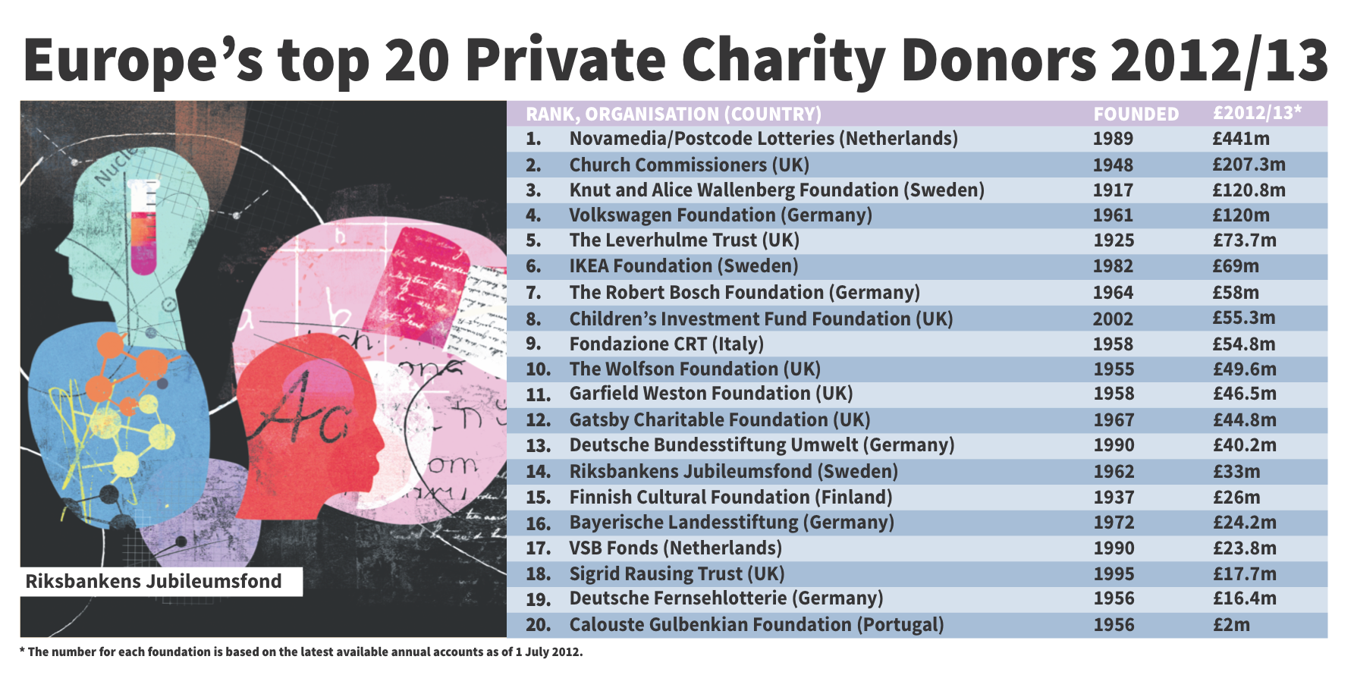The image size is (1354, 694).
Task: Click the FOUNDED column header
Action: pyautogui.click(x=1136, y=115)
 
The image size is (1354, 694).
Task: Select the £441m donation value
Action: pyautogui.click(x=1240, y=139)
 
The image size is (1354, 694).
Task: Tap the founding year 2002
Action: pyautogui.click(x=1113, y=319)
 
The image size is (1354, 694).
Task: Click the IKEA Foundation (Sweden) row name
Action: pyautogui.click(x=683, y=266)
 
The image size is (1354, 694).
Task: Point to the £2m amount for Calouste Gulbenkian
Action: pyautogui.click(x=1230, y=625)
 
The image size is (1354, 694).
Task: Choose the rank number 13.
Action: pyautogui.click(x=538, y=446)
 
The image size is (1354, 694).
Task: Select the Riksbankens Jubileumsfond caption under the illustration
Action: pyautogui.click(x=154, y=582)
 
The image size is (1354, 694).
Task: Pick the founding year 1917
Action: pyautogui.click(x=1113, y=190)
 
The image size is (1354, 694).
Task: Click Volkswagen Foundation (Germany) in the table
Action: pyautogui.click(x=721, y=215)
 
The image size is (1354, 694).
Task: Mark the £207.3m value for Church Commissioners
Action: pyautogui.click(x=1249, y=165)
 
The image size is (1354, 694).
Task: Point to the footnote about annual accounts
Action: pyautogui.click(x=301, y=652)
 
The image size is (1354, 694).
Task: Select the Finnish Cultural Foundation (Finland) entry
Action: pyautogui.click(x=730, y=498)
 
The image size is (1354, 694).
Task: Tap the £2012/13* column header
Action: pyautogui.click(x=1257, y=113)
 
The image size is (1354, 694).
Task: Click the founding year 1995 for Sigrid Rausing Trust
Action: pyautogui.click(x=1114, y=574)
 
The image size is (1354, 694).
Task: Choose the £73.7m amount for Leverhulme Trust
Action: pyautogui.click(x=1244, y=240)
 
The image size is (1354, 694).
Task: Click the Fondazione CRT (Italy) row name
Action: pyautogui.click(x=666, y=344)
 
